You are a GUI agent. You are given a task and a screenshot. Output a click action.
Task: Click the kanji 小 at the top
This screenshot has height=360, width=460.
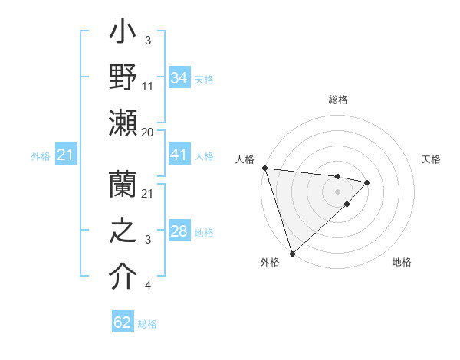pyautogui.click(x=123, y=35)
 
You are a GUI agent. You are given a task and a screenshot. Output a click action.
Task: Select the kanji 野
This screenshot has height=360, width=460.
pyautogui.click(x=123, y=79)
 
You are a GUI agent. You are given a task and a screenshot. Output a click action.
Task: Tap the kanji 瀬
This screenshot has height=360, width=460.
pyautogui.click(x=123, y=124)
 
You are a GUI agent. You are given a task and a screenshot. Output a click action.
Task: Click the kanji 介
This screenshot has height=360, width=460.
pyautogui.click(x=123, y=277)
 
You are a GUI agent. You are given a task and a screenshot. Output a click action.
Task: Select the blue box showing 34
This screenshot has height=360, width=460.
pyautogui.click(x=179, y=78)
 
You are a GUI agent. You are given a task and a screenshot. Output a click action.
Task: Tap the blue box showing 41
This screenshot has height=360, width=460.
pyautogui.click(x=179, y=155)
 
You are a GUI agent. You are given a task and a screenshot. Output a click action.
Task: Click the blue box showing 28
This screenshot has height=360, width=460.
pyautogui.click(x=179, y=231)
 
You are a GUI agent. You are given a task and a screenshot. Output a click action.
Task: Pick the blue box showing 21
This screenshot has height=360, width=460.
pyautogui.click(x=66, y=155)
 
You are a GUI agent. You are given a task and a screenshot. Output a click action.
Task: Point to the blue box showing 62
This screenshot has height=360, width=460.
pyautogui.click(x=123, y=322)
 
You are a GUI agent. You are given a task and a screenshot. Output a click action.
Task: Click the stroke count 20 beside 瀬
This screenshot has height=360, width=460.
pyautogui.click(x=148, y=132)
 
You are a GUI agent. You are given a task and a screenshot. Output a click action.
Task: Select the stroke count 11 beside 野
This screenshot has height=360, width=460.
pyautogui.click(x=148, y=87)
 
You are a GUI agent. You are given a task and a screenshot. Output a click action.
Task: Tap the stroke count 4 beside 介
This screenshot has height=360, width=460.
pyautogui.click(x=147, y=286)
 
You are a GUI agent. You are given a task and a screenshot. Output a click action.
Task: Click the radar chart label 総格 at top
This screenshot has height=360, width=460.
pyautogui.click(x=337, y=100)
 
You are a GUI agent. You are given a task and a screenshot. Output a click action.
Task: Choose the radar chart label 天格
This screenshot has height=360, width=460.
pyautogui.click(x=432, y=159)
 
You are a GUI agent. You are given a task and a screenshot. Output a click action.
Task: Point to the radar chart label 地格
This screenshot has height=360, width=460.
pyautogui.click(x=402, y=262)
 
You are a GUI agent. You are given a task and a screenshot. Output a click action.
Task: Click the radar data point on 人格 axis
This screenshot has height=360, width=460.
pyautogui.click(x=264, y=168)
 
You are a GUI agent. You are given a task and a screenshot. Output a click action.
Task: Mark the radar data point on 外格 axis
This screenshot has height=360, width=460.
pyautogui.click(x=292, y=253)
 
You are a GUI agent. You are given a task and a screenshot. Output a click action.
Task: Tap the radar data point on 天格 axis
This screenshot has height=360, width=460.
pyautogui.click(x=367, y=182)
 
